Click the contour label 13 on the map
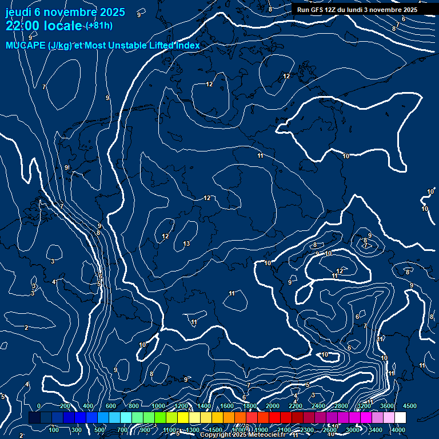pos(186,244)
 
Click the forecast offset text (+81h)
pos(99,26)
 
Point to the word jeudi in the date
pos(18,11)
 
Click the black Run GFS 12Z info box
pos(357,10)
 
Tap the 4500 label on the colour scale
pos(410,406)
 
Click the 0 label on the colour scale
pos(39,406)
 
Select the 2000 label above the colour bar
pos(273,406)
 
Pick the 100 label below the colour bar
pos(54,430)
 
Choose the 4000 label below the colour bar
pos(398,430)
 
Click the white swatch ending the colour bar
pos(400,418)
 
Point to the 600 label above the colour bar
pos(111,406)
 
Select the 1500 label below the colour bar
pos(215,430)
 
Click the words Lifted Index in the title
pos(173,46)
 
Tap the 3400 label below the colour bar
pos(376,430)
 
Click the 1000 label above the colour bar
pos(158,406)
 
